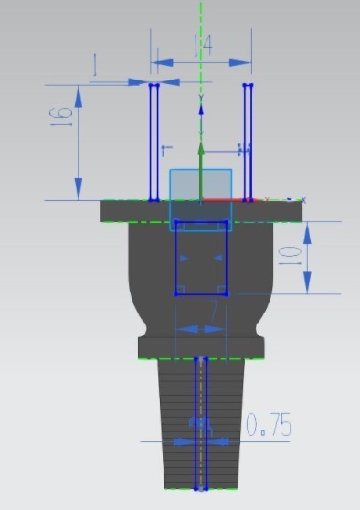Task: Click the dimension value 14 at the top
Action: point(203,47)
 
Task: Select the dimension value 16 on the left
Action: point(61,116)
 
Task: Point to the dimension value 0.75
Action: point(269,425)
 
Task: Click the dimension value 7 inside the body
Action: point(215,311)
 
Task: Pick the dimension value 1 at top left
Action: point(96,65)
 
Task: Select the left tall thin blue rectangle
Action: point(154,142)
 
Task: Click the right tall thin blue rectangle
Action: point(248,142)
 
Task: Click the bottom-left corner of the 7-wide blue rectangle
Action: point(175,293)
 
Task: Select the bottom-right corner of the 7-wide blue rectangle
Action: point(227,293)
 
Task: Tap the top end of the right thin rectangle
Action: point(248,86)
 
